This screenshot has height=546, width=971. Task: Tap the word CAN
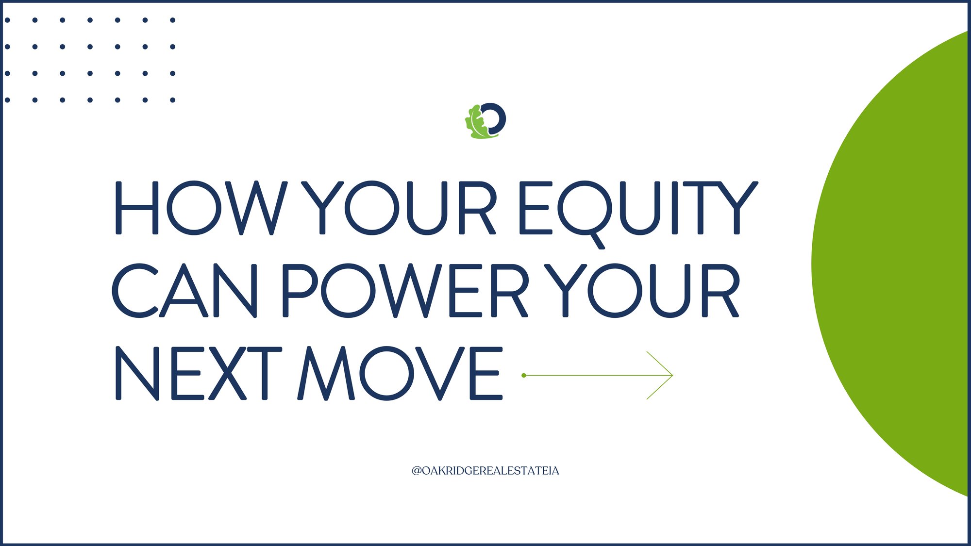184,291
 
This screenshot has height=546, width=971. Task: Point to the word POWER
405,291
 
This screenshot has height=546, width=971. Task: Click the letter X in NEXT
228,373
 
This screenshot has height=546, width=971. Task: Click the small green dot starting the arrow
524,375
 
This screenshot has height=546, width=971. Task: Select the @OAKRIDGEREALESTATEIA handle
485,471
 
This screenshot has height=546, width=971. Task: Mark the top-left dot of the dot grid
7,20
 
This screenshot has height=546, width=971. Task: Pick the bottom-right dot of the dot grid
172,100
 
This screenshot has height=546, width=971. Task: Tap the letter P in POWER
299,291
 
